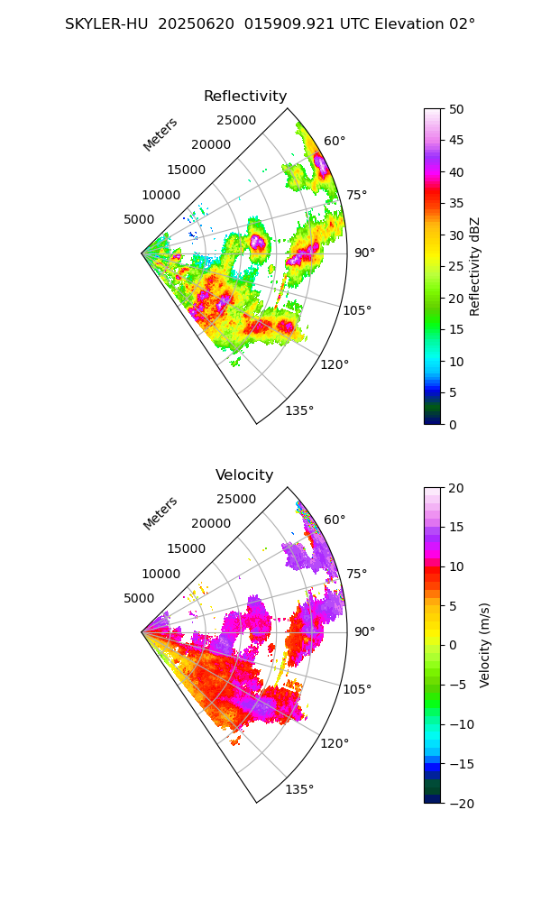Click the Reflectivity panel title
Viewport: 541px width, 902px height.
[x=245, y=97]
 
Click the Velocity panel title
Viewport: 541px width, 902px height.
[x=244, y=475]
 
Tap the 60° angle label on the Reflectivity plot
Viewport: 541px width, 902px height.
[x=335, y=141]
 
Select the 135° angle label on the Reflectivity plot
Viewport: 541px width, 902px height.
[x=299, y=411]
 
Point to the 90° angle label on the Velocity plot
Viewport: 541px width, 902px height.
[x=363, y=631]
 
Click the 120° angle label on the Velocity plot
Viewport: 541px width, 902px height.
[x=335, y=743]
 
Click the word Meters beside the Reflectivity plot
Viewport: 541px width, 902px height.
[x=160, y=134]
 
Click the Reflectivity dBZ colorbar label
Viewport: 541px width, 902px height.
[x=475, y=267]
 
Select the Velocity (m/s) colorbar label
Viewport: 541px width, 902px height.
[x=485, y=645]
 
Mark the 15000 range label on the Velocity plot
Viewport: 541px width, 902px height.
[x=187, y=548]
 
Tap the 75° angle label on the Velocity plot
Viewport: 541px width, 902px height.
[x=358, y=574]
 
